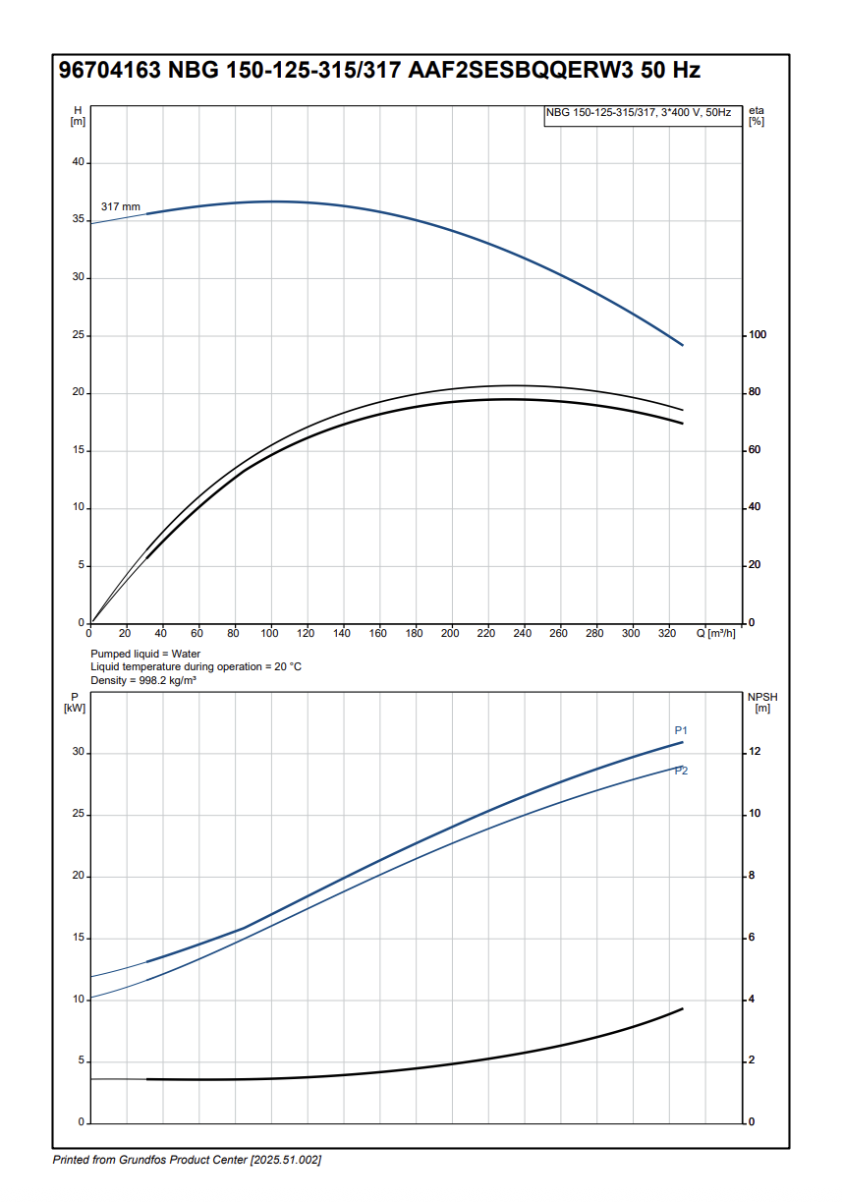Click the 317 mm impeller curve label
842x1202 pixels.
pyautogui.click(x=121, y=207)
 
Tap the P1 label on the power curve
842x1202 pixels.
pyautogui.click(x=681, y=730)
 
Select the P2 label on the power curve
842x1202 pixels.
pyautogui.click(x=681, y=771)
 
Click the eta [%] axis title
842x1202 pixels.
pyautogui.click(x=756, y=116)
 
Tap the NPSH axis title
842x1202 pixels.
pyautogui.click(x=761, y=702)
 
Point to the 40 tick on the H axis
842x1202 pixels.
pyautogui.click(x=79, y=162)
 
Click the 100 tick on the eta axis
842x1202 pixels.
pyautogui.click(x=758, y=335)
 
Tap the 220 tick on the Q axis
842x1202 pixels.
pyautogui.click(x=486, y=634)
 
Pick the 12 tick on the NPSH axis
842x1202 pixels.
pyautogui.click(x=755, y=752)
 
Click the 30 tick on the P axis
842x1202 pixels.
pyautogui.click(x=79, y=753)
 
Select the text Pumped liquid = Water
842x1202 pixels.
pyautogui.click(x=145, y=654)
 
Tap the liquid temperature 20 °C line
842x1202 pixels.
pyautogui.click(x=196, y=666)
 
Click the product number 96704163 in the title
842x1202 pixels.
pyautogui.click(x=110, y=71)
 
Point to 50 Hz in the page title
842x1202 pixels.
pyautogui.click(x=671, y=71)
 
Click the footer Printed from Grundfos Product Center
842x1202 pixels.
pyautogui.click(x=187, y=1161)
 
